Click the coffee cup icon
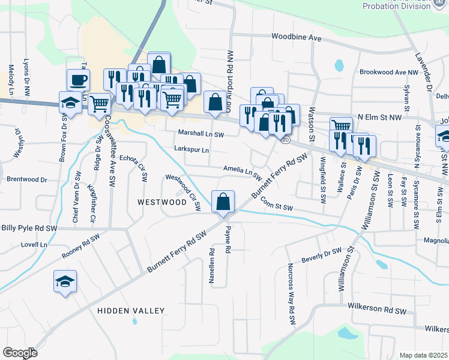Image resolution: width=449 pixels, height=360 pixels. coord(78,79)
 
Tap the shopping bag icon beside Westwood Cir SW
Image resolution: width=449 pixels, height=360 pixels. coord(223,202)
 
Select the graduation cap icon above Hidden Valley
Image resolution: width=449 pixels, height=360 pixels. coord(65,281)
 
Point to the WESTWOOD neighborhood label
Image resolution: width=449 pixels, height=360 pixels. coord(162,202)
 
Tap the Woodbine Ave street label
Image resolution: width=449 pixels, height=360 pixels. coord(297,37)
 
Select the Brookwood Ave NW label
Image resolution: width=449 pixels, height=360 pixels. coord(388,72)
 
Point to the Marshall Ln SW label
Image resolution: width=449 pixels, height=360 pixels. coord(200,134)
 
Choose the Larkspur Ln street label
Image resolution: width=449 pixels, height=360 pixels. coord(191,149)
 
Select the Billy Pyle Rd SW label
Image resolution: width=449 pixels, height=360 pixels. coord(29,229)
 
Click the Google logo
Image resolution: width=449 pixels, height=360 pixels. coord(20,353)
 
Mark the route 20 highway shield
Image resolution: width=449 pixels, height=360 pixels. coord(285,140)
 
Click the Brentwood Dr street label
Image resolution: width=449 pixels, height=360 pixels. coord(26,179)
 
